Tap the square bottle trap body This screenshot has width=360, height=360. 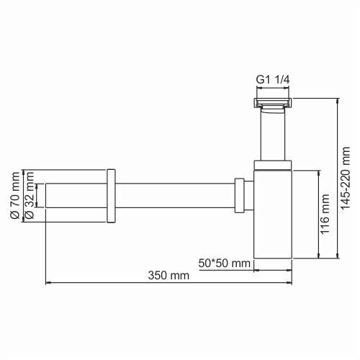pyautogui.click(x=274, y=216)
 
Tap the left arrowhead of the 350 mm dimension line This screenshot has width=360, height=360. pyautogui.click(x=48, y=283)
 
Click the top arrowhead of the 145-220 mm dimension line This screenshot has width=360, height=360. pyautogui.click(x=336, y=98)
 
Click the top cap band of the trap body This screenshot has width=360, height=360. pyautogui.click(x=274, y=166)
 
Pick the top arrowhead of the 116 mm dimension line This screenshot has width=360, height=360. pyautogui.click(x=315, y=172)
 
